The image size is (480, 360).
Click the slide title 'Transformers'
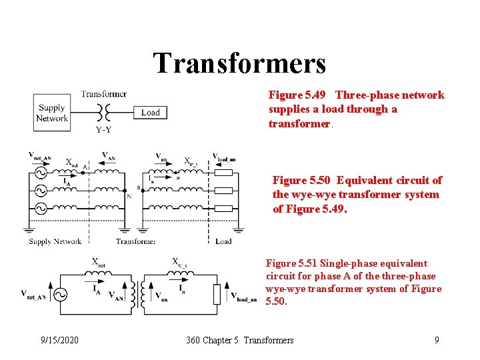click(239, 63)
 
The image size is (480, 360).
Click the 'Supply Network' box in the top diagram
click(52, 113)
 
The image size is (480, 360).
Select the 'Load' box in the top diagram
click(151, 113)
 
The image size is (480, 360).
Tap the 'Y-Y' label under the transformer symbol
click(103, 129)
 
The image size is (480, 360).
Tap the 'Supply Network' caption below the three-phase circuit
click(55, 241)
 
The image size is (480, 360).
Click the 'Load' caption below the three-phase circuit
click(223, 241)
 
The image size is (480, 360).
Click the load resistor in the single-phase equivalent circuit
click(217, 294)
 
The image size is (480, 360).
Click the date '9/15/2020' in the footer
click(59, 341)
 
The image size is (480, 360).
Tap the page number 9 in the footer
click(437, 341)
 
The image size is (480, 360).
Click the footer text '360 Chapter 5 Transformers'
click(240, 341)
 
